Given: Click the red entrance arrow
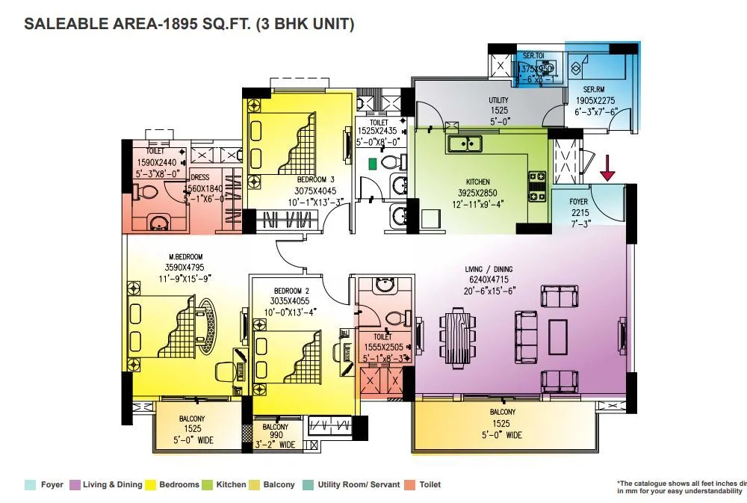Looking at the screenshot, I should click(x=607, y=168).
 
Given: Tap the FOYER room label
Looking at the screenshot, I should click(x=579, y=202).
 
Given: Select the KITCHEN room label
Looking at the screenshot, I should click(x=478, y=182).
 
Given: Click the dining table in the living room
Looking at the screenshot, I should click(x=457, y=336).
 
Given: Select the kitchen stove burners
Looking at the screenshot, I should click(x=538, y=187).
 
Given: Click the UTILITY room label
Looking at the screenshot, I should click(x=498, y=101).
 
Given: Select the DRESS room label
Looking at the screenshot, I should click(x=199, y=178).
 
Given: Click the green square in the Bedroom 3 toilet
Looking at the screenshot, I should click(x=371, y=162).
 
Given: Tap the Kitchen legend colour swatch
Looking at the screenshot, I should click(x=207, y=485).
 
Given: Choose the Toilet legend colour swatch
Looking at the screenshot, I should click(x=410, y=485).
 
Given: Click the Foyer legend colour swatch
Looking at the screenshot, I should click(x=30, y=485).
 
